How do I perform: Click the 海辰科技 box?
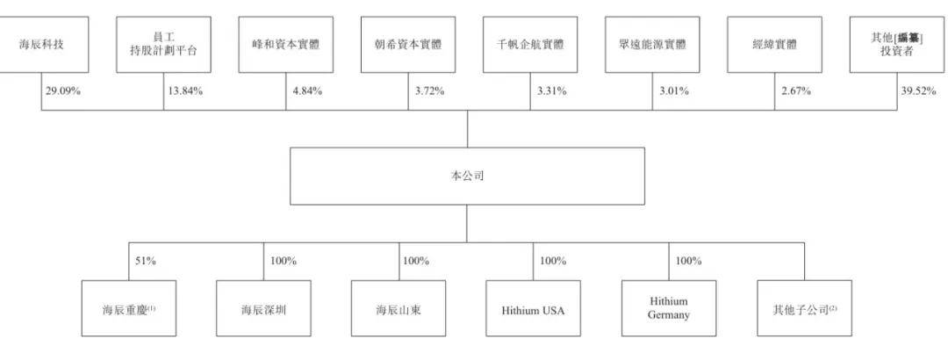(42, 45)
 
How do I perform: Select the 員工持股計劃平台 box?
(163, 45)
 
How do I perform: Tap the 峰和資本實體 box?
(286, 45)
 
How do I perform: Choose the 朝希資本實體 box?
(408, 45)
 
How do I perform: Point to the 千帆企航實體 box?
(530, 45)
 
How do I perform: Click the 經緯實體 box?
(774, 45)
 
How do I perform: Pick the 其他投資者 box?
(896, 45)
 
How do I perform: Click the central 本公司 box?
(467, 176)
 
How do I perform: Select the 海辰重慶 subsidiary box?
(129, 308)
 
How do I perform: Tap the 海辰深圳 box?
(263, 308)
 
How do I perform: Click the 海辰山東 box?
(399, 308)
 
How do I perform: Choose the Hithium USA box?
(534, 308)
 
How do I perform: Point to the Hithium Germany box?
(669, 308)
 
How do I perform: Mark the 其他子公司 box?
(805, 308)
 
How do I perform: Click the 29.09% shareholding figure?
(63, 91)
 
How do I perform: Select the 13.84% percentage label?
(185, 91)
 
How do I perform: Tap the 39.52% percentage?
(918, 91)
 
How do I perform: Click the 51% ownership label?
(145, 262)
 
